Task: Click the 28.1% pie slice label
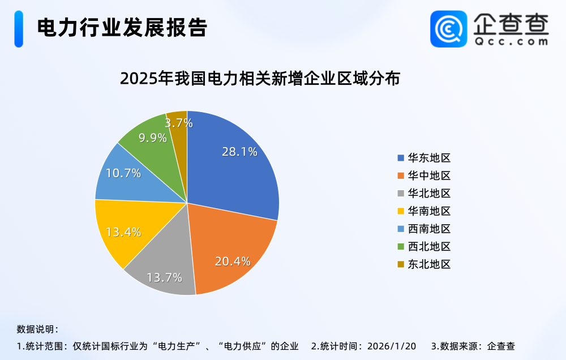coord(239,152)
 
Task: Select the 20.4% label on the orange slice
coord(233,261)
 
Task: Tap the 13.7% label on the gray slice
coord(164,277)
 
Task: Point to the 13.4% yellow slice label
coord(123,232)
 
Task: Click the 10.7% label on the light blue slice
coord(123,174)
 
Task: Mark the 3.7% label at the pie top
coord(179,122)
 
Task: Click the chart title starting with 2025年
coord(260,79)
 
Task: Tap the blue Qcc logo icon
coord(449,29)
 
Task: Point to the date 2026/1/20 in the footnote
coord(392,346)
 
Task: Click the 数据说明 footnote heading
coord(37,329)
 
